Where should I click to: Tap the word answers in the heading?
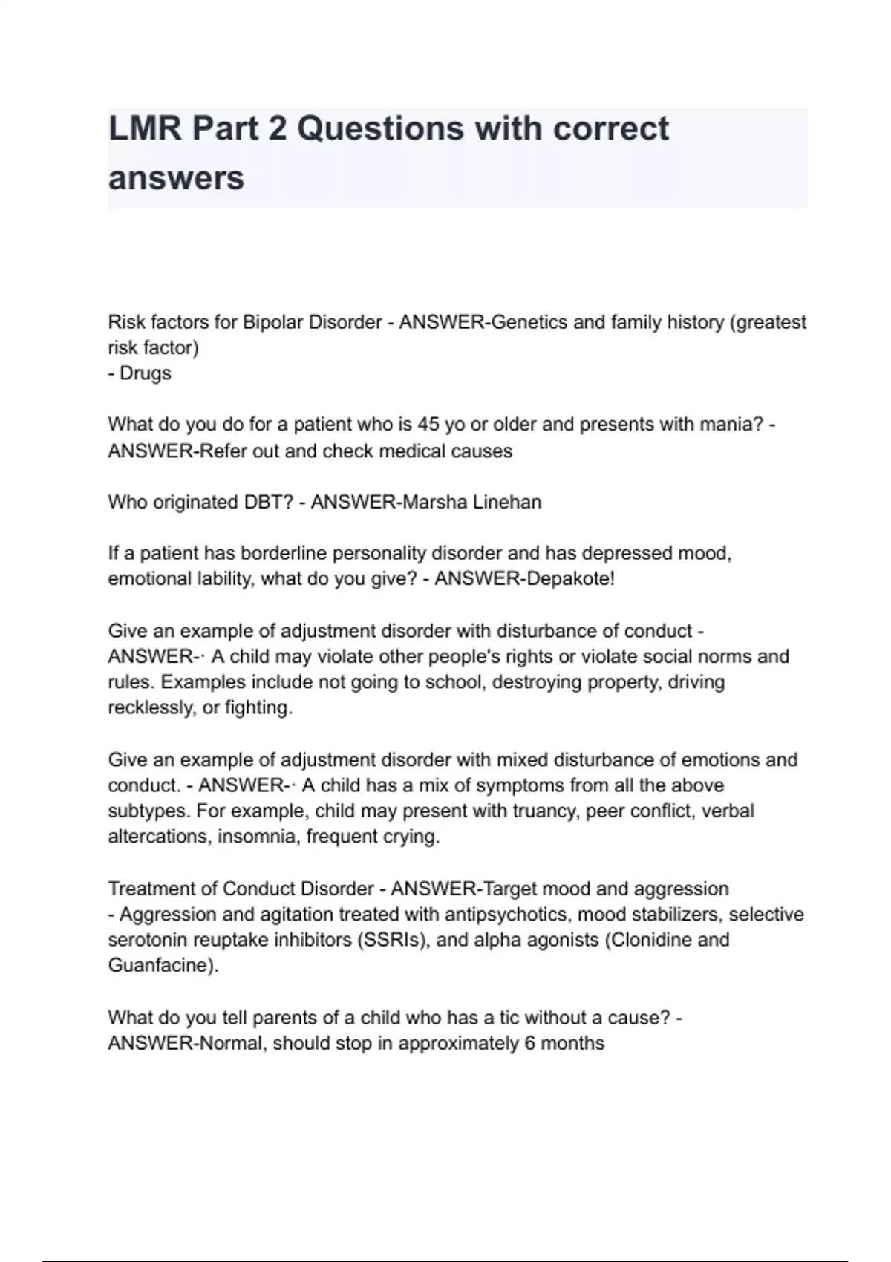tap(176, 178)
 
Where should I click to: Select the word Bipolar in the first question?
tap(273, 323)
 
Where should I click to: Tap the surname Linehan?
tap(507, 503)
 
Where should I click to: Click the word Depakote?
tap(567, 579)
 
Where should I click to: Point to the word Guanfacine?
tap(162, 966)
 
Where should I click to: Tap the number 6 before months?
tap(529, 1044)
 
